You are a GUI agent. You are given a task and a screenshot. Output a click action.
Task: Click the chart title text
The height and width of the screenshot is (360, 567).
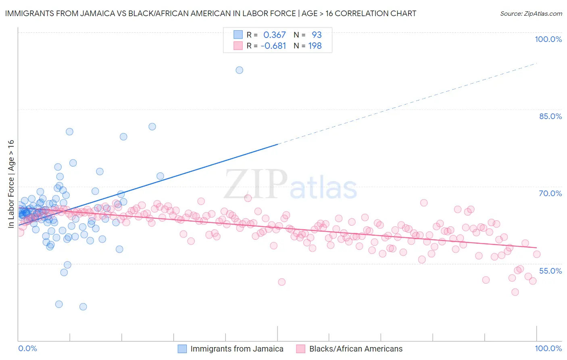[x=211, y=13]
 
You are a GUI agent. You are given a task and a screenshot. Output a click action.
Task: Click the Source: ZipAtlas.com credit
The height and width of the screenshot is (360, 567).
[x=531, y=13]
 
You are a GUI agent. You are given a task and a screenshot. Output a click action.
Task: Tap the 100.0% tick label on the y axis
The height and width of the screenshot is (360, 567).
[x=548, y=39]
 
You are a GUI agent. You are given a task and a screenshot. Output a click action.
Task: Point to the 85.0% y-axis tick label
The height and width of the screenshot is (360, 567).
[x=550, y=116]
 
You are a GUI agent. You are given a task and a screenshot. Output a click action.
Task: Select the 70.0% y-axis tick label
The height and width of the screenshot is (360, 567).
[x=550, y=193]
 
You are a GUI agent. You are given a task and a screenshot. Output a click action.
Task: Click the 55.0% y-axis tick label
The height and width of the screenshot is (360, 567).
[x=550, y=271]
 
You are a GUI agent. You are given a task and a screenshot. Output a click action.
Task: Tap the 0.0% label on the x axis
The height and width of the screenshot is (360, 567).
[x=27, y=348]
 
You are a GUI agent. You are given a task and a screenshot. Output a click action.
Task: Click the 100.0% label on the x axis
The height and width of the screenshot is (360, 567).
[x=548, y=348]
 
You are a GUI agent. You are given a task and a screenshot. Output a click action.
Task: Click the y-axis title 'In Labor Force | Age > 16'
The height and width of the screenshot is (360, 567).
[x=11, y=184]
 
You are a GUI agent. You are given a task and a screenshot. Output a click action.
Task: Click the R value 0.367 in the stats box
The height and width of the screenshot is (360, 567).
[x=274, y=35]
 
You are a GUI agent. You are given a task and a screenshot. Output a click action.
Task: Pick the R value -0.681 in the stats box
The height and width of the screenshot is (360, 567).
[x=273, y=46]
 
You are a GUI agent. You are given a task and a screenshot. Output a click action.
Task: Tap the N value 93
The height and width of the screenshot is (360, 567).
[x=317, y=35]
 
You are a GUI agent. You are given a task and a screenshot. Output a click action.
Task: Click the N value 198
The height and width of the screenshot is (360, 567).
[x=315, y=46]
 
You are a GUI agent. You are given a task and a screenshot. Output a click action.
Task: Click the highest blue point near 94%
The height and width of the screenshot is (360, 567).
[x=239, y=70]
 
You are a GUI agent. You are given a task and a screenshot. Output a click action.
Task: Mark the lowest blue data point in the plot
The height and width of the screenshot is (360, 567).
[x=83, y=307]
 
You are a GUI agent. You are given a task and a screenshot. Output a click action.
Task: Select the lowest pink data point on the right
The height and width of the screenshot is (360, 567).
[x=515, y=292]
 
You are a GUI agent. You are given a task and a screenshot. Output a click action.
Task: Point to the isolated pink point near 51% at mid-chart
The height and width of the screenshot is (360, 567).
[x=281, y=282]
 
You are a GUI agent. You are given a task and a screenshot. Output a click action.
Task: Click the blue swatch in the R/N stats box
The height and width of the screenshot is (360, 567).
[x=238, y=35]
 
